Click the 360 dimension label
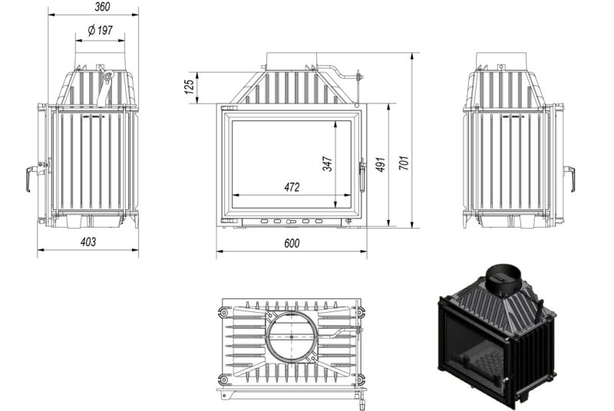(102, 7)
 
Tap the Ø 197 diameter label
(101, 30)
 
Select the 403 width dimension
(88, 242)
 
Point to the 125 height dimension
(190, 87)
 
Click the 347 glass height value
(328, 164)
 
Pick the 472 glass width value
(292, 187)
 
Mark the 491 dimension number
(381, 164)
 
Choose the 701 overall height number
(404, 163)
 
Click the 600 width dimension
(292, 243)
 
